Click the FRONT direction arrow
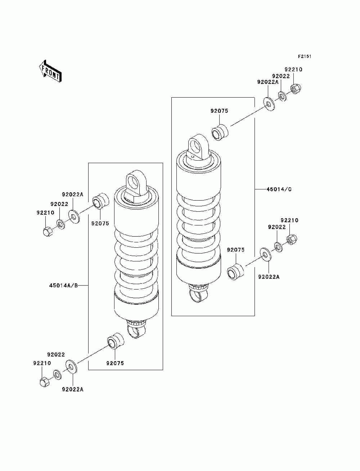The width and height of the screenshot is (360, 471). tap(50, 71)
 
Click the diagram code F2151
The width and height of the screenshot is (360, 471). tap(305, 57)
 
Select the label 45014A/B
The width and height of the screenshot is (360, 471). tap(63, 286)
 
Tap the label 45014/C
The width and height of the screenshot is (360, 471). tap(279, 189)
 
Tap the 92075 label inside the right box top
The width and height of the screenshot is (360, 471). tap(219, 111)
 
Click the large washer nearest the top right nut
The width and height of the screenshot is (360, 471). tap(269, 104)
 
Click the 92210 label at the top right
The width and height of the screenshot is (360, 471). tap(293, 69)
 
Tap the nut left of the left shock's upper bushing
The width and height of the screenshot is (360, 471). tap(48, 232)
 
